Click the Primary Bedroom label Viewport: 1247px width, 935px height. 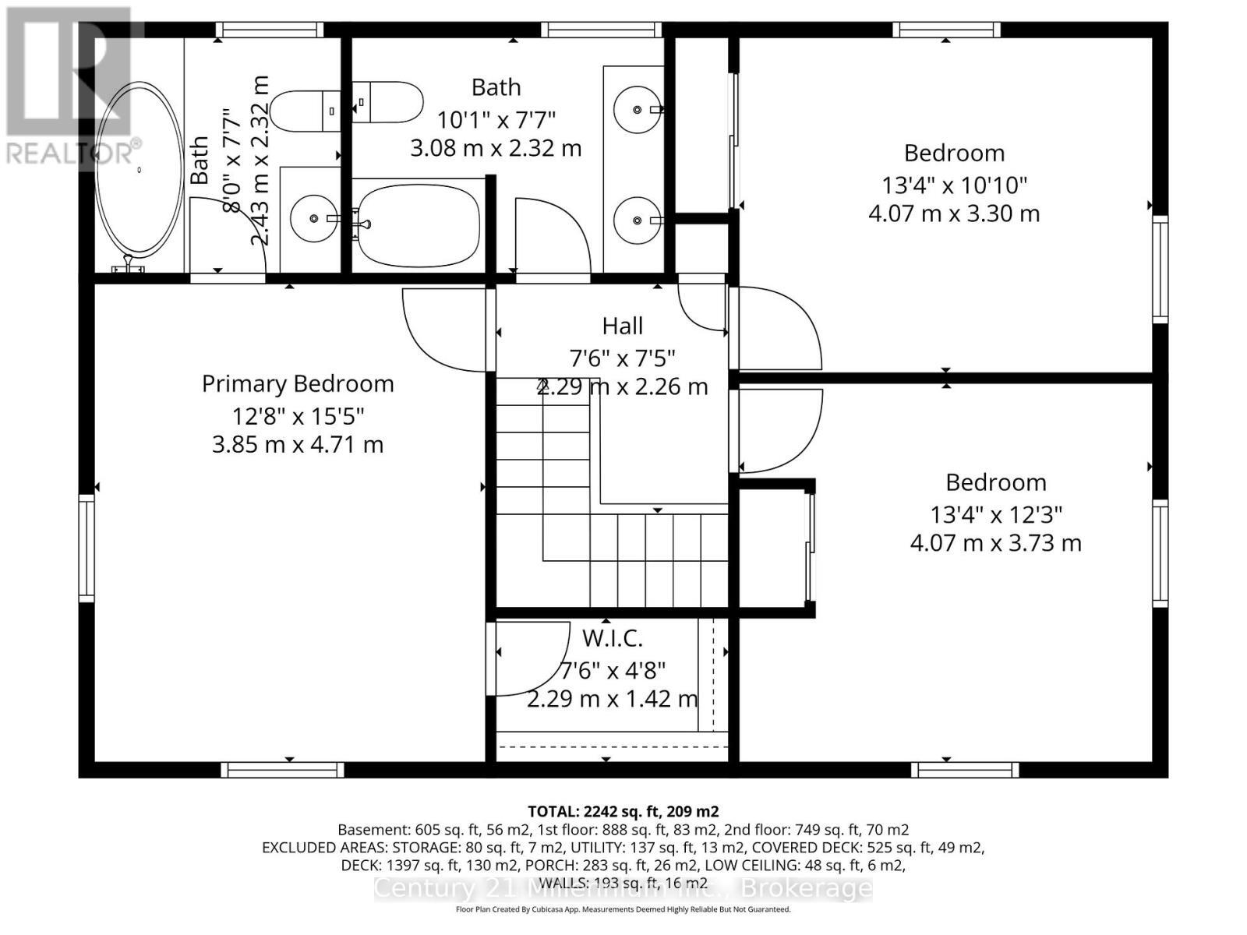pos(298,383)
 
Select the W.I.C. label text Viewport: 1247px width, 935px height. pos(613,638)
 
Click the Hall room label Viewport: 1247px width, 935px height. pos(622,326)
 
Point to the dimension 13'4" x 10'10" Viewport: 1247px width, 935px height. pos(954,185)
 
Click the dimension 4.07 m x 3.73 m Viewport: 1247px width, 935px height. pos(995,543)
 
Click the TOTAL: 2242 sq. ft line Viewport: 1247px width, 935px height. pos(623,811)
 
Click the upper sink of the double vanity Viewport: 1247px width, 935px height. pos(638,109)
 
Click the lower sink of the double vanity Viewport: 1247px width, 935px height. pos(638,221)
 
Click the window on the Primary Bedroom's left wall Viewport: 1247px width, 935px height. pos(87,548)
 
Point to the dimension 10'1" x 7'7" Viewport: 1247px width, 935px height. pos(496,120)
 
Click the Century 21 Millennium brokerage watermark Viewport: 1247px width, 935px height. pos(623,888)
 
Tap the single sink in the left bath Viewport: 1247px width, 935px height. pos(313,218)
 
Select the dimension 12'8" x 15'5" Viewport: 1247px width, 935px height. pos(298,416)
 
